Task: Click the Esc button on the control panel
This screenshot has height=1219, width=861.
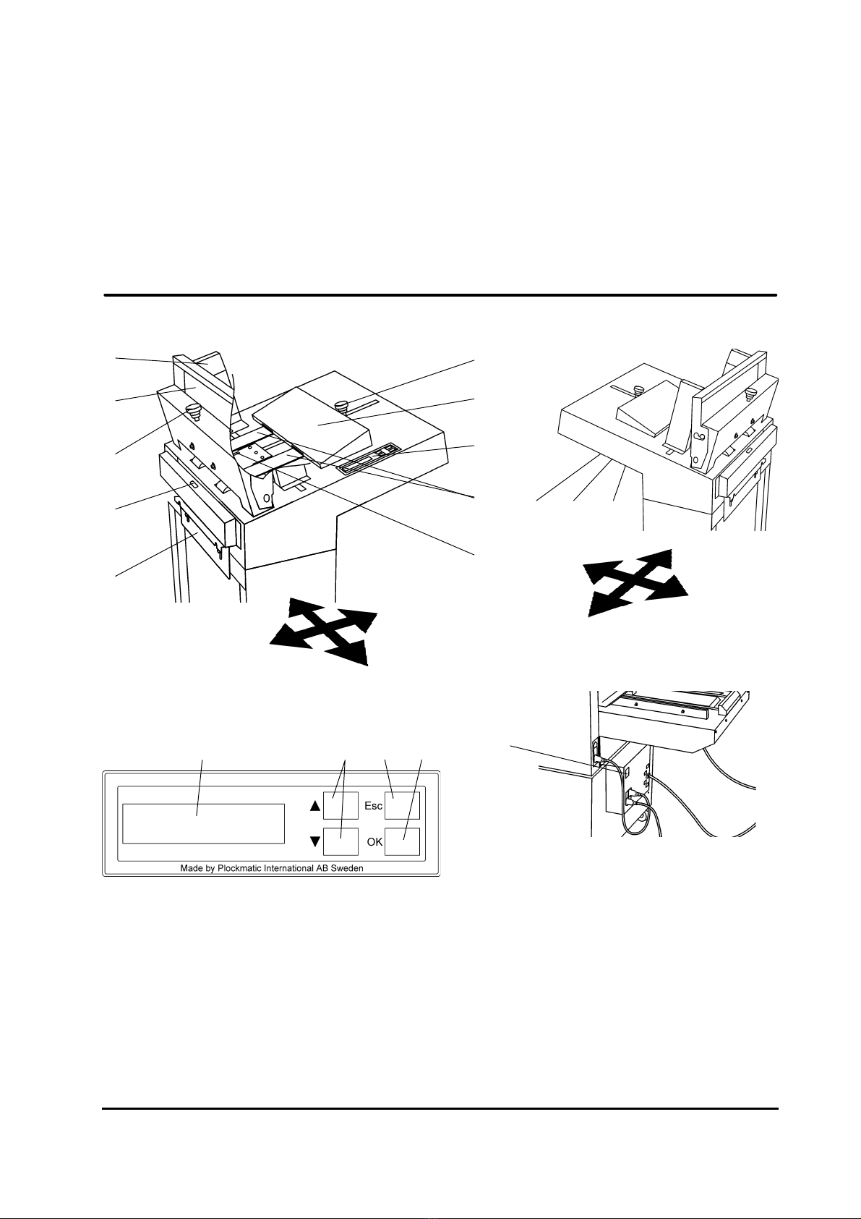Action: tap(402, 805)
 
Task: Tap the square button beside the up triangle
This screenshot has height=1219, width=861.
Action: tap(340, 805)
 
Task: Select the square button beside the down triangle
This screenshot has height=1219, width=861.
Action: tap(340, 842)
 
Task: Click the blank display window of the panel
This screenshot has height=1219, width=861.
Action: tap(203, 823)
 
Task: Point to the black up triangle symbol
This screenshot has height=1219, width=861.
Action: tap(315, 806)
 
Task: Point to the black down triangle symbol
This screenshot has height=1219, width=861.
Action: tap(315, 842)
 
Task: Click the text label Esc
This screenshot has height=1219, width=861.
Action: tap(374, 806)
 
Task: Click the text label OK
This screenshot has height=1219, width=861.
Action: tap(374, 842)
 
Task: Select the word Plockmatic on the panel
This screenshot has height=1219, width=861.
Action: tap(239, 869)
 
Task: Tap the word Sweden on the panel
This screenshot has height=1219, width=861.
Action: tap(349, 868)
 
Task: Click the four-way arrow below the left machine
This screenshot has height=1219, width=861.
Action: tap(324, 632)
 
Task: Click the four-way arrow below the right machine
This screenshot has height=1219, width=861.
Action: tap(635, 583)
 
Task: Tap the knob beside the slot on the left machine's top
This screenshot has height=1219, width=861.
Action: tap(343, 406)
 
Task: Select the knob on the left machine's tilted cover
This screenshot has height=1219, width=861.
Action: tap(193, 412)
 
